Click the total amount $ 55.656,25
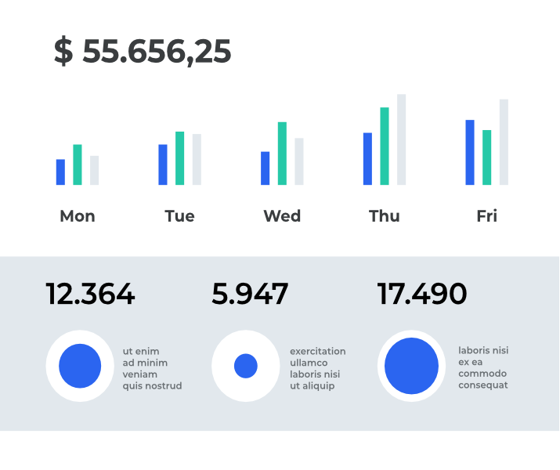[x=143, y=52]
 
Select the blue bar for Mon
[x=60, y=172]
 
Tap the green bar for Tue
[x=180, y=158]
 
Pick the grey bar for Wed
[x=298, y=161]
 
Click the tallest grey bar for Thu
[x=401, y=139]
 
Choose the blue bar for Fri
[x=470, y=153]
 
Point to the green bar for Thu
[x=385, y=146]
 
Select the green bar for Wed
[x=282, y=154]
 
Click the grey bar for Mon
[x=94, y=171]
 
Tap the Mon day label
[x=78, y=216]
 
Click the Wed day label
[x=282, y=216]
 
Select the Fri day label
[x=486, y=216]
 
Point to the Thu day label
[x=385, y=216]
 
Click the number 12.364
[x=90, y=295]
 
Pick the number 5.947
[x=250, y=295]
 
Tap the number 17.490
[x=422, y=295]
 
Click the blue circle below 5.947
[x=246, y=366]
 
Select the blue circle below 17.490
[x=411, y=366]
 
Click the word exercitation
[x=317, y=352]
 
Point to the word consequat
[x=482, y=385]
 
